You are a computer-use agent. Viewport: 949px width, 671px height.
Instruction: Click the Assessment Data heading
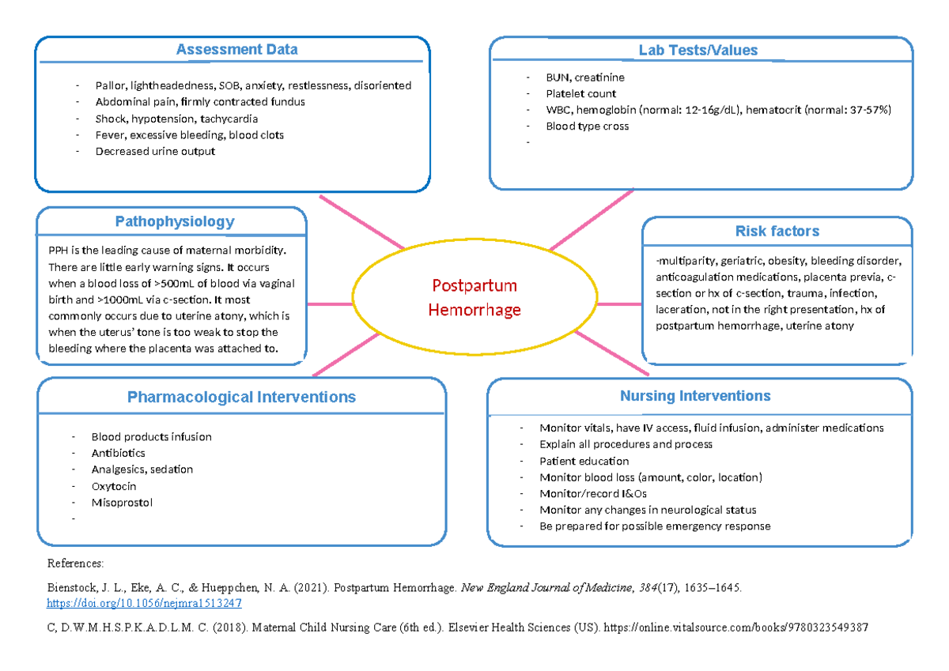[236, 50]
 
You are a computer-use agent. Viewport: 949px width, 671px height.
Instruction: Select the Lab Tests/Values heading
[698, 51]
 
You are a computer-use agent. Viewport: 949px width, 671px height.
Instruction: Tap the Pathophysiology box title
[175, 222]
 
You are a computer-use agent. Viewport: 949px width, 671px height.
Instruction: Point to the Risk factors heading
[777, 232]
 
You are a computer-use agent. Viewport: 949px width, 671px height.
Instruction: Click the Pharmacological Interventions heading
[241, 397]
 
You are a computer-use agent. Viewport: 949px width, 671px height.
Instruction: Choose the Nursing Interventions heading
[695, 396]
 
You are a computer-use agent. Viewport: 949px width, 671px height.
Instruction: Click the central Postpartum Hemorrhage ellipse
[474, 297]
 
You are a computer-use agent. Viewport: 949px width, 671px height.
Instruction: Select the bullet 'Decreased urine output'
[155, 151]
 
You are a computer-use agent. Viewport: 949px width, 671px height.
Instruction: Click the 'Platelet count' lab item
[580, 94]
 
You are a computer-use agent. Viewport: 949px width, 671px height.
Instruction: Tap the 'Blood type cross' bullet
[587, 126]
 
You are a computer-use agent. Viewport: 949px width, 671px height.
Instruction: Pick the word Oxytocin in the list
[114, 486]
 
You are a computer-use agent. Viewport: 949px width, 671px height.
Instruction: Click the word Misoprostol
[122, 503]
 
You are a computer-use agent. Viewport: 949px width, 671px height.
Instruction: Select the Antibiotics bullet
[118, 454]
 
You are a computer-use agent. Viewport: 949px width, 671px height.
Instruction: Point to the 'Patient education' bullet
[584, 462]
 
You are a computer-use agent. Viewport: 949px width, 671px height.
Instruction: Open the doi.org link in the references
[145, 603]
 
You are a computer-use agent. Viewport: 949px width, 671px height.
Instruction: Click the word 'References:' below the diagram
[75, 564]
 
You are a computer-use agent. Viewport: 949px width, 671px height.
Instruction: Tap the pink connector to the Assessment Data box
[361, 221]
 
